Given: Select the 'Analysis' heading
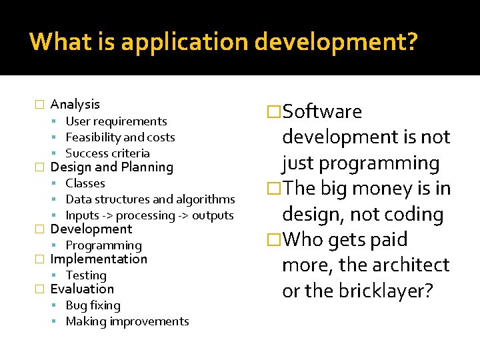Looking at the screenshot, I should (x=75, y=104).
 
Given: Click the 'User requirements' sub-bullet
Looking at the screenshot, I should (x=116, y=121).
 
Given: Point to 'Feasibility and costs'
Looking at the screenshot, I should (x=120, y=137).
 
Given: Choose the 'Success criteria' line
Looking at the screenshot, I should (x=107, y=153).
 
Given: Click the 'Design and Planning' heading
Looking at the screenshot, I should (x=111, y=167).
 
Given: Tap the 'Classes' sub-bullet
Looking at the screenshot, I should (x=85, y=183).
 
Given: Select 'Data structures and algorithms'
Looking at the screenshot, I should (x=150, y=199).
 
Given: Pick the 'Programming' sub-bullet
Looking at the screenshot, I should (x=103, y=245).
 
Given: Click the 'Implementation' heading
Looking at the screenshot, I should (x=99, y=259).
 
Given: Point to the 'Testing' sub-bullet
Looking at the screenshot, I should (x=86, y=275).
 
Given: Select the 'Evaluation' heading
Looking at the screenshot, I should (x=82, y=289).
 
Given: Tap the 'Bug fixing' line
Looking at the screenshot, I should (x=93, y=305).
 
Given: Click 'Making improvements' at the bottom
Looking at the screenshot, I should (x=127, y=321).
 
